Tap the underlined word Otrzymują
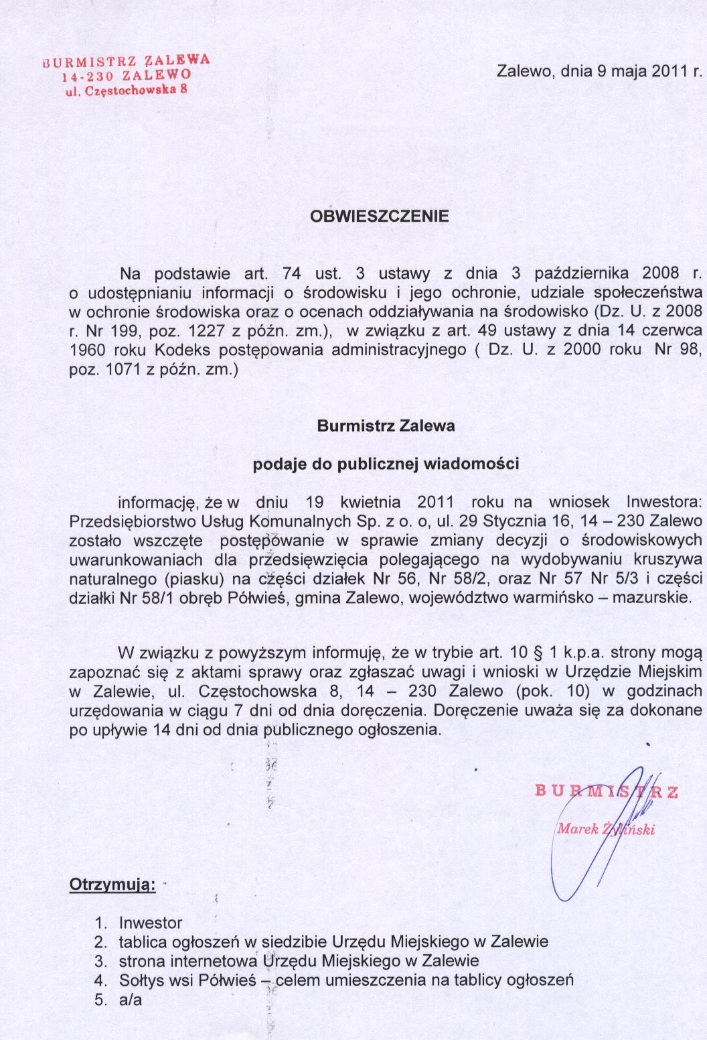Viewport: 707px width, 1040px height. coord(112,885)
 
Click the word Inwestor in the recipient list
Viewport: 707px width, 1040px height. coord(151,923)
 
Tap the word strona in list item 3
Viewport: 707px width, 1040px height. coord(140,960)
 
